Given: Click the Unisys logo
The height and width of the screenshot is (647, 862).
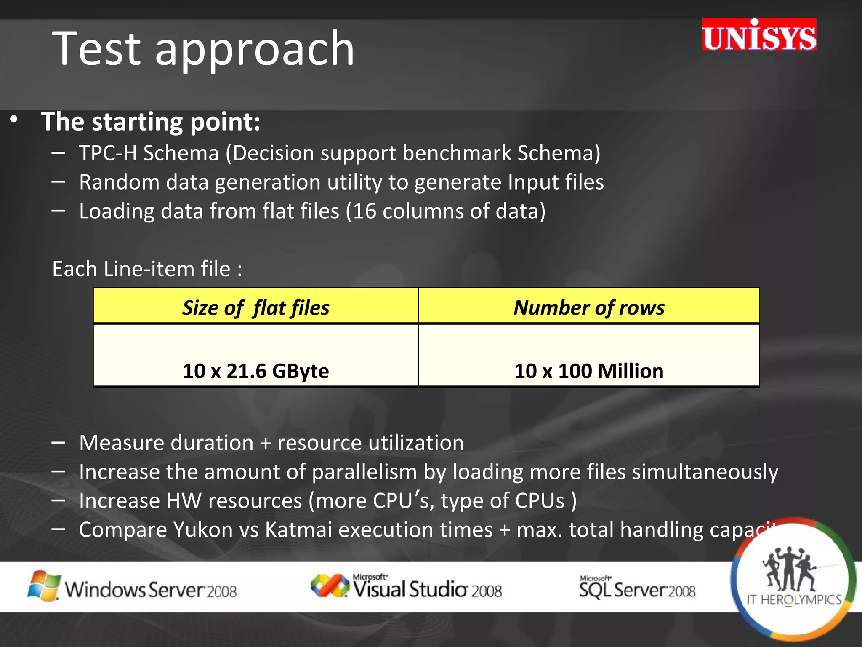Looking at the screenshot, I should point(759,35).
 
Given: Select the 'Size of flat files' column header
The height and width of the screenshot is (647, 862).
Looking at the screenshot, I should point(255,307).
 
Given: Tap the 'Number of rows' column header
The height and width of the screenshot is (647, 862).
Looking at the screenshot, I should point(589,307).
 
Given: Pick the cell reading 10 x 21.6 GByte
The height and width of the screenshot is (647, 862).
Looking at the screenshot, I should point(255,371).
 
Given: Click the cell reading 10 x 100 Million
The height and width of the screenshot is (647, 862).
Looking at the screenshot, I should point(589,371).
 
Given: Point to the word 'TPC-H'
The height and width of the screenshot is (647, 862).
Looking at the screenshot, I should point(108,153).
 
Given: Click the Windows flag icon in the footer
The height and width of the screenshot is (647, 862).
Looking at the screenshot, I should point(43,586).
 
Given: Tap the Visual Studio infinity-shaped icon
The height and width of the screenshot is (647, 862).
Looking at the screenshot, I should point(330,586).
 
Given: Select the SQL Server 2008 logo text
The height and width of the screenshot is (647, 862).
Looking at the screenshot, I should point(637,588).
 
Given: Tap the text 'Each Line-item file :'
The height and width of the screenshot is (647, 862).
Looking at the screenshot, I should point(147,269).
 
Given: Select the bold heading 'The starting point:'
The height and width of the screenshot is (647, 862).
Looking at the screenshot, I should point(151,122).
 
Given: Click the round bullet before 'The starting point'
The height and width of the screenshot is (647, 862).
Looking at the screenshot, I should point(14,120).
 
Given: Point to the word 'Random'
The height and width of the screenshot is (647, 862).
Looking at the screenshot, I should point(119,182).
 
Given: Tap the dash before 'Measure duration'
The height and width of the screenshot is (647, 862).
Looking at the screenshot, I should point(58,443).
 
